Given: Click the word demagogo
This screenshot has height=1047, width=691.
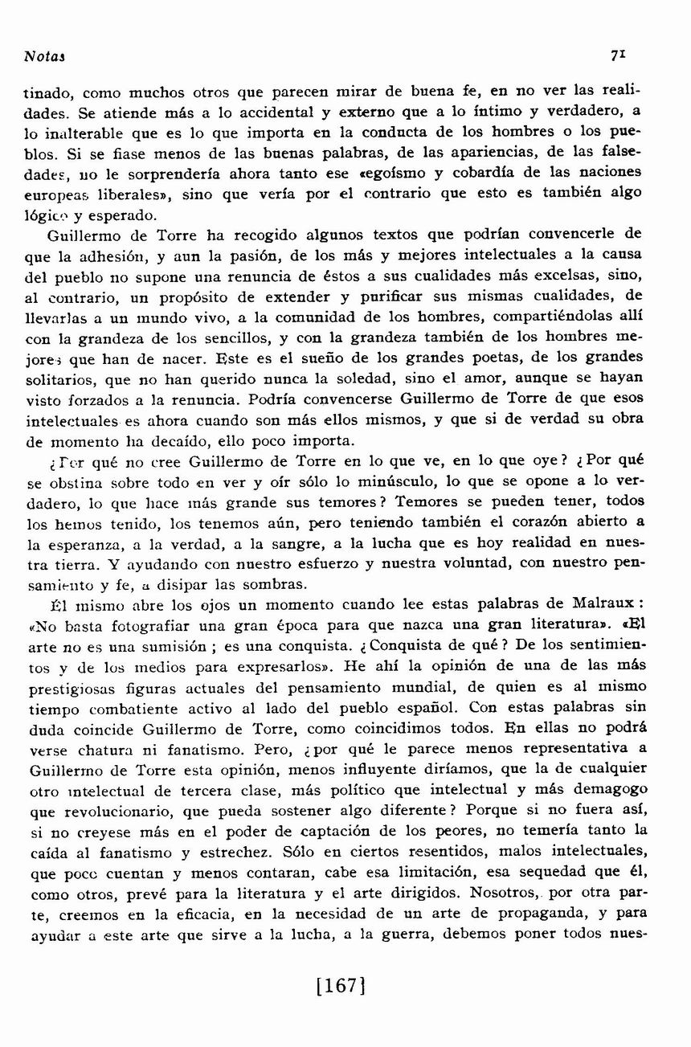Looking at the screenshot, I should (x=610, y=789).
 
